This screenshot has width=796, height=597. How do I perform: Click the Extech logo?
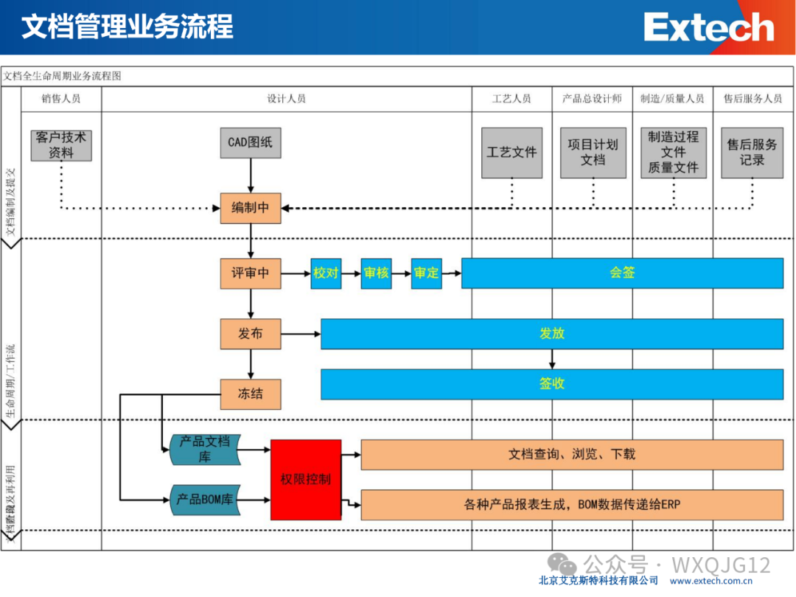[709, 28]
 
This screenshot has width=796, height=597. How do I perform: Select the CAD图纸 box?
[251, 142]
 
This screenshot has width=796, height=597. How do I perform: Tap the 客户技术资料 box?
[62, 144]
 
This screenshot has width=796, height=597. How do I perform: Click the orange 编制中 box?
[251, 208]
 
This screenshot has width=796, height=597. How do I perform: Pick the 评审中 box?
[251, 273]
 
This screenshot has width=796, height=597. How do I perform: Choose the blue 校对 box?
[326, 273]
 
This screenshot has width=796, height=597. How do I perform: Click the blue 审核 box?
[376, 273]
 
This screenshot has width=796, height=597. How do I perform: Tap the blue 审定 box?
[426, 273]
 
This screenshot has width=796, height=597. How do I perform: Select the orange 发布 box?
[251, 334]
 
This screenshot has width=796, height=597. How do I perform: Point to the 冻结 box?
[251, 394]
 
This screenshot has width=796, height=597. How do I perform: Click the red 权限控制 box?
[306, 480]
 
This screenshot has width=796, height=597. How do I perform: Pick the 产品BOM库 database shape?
[206, 500]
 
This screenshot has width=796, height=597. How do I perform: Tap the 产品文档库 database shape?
[206, 449]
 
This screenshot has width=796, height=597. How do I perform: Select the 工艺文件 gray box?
[512, 153]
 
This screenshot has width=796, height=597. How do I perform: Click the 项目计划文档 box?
[593, 153]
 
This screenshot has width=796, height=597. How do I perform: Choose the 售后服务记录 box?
[752, 153]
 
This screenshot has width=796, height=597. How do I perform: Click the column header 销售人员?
[61, 98]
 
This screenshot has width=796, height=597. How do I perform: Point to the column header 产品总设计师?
[592, 98]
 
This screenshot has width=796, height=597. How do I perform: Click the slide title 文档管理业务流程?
[127, 27]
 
